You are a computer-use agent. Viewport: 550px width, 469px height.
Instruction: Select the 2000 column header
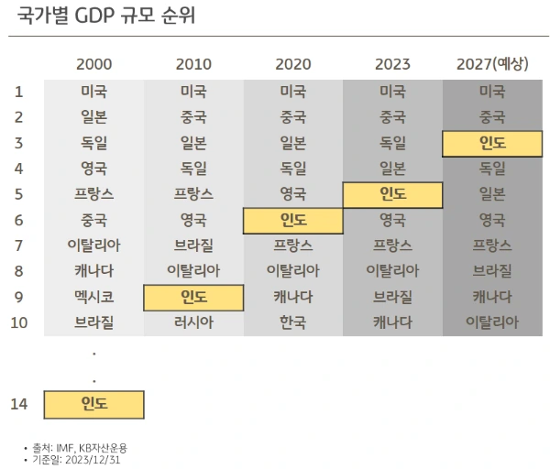[94, 64]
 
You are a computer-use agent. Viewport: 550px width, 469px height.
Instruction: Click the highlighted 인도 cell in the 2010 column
[193, 297]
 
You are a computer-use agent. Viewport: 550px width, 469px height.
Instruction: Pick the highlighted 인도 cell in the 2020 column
[292, 220]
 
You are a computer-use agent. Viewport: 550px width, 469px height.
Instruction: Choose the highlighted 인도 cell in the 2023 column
[392, 194]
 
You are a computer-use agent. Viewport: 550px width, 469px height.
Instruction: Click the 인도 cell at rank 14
[94, 403]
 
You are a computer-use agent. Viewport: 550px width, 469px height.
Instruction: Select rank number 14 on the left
[18, 403]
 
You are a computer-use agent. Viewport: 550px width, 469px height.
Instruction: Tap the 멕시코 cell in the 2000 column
[94, 297]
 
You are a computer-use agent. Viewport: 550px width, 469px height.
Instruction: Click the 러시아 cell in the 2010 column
[193, 322]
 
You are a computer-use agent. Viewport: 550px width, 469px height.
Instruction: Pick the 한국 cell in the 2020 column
[292, 322]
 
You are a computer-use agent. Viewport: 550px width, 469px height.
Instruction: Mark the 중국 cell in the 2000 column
[94, 220]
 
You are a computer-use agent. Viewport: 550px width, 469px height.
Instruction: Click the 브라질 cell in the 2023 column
[392, 297]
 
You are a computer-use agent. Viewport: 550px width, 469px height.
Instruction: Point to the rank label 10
[18, 322]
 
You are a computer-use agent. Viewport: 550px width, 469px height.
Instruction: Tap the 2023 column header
[392, 64]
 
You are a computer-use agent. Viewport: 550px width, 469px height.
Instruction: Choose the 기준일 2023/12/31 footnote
[77, 459]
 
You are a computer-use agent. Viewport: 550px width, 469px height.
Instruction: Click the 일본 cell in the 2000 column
[94, 117]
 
